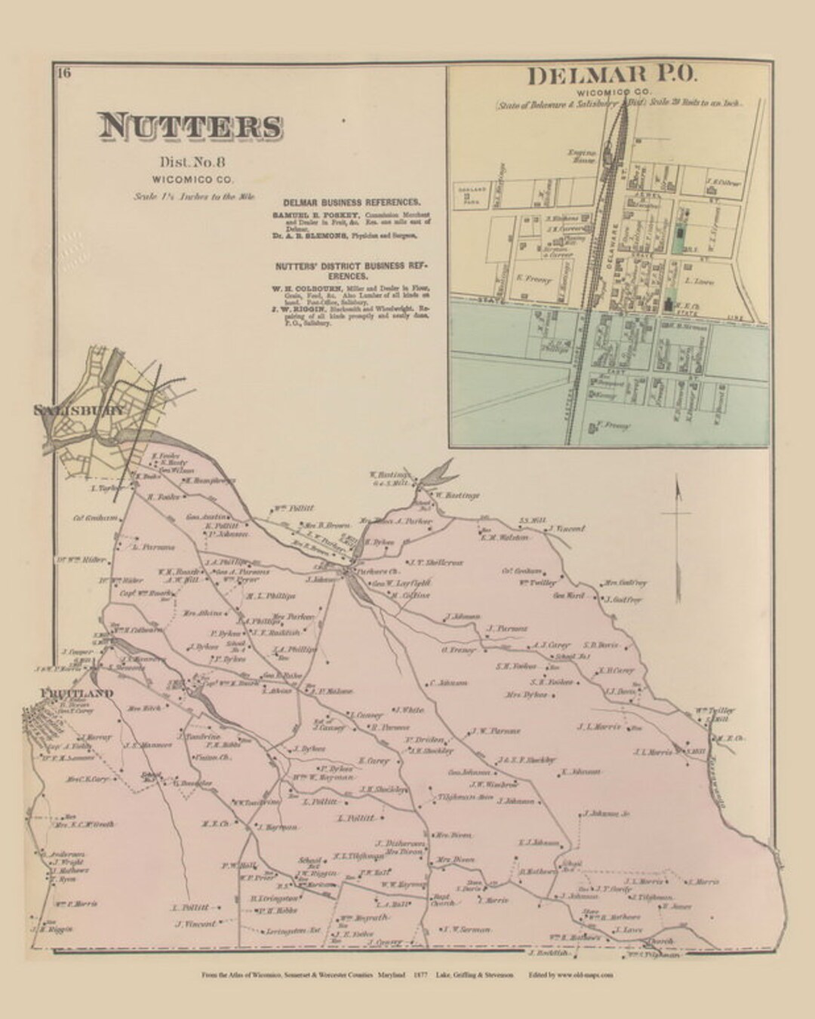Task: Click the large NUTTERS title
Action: (x=189, y=127)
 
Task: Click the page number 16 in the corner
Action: (x=63, y=72)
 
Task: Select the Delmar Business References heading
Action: (x=351, y=203)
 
